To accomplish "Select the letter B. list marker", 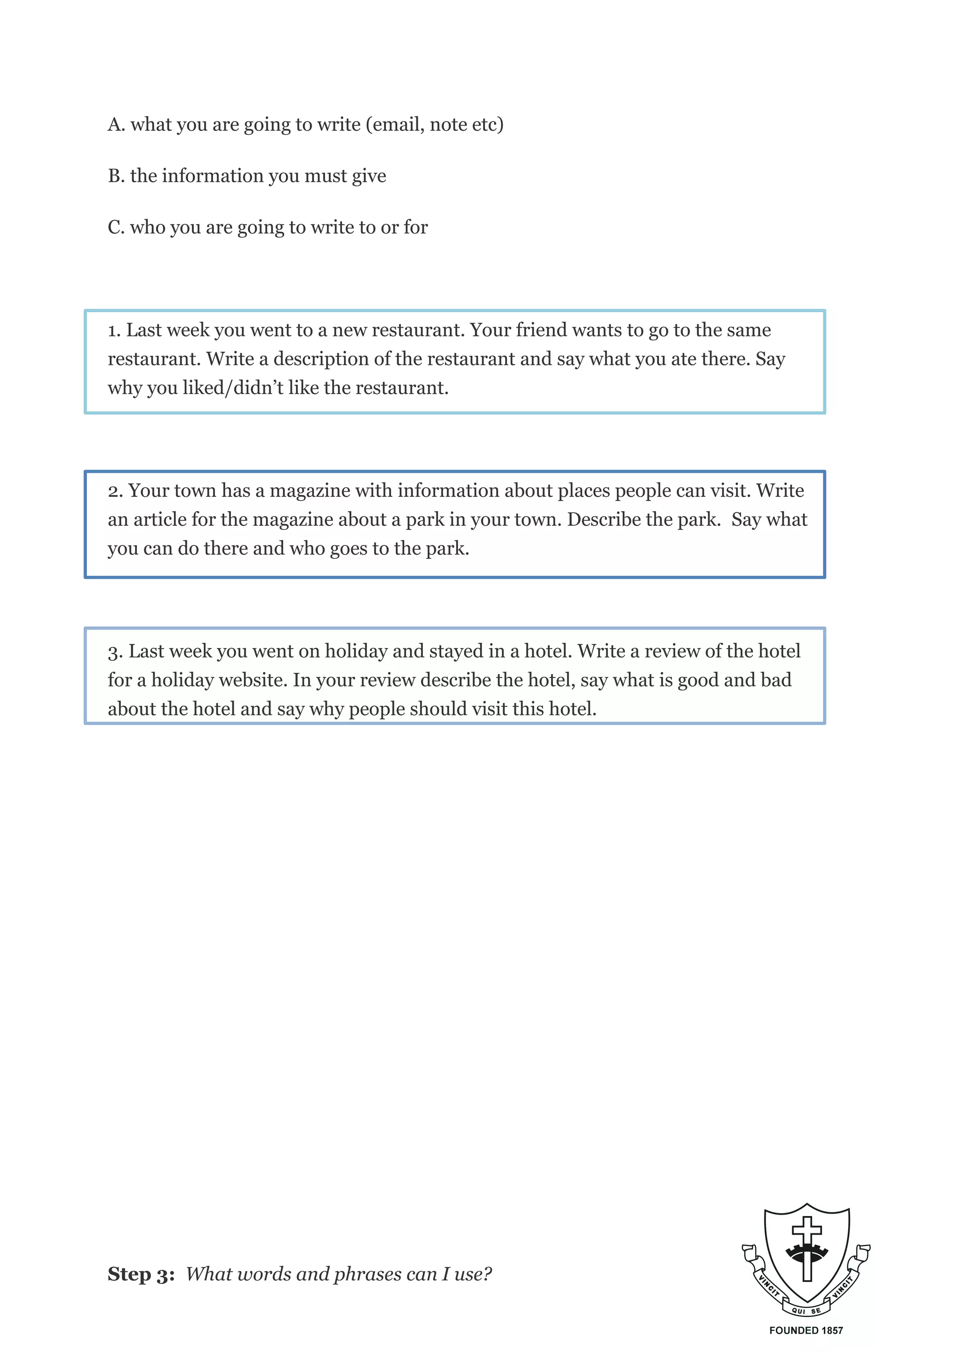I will tap(116, 176).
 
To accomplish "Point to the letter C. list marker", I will tap(116, 228).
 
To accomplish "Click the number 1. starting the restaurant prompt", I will tap(114, 330).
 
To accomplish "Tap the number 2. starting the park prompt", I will tap(115, 491).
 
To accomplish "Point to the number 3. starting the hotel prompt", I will tap(115, 652).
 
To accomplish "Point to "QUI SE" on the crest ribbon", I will tap(806, 1310).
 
